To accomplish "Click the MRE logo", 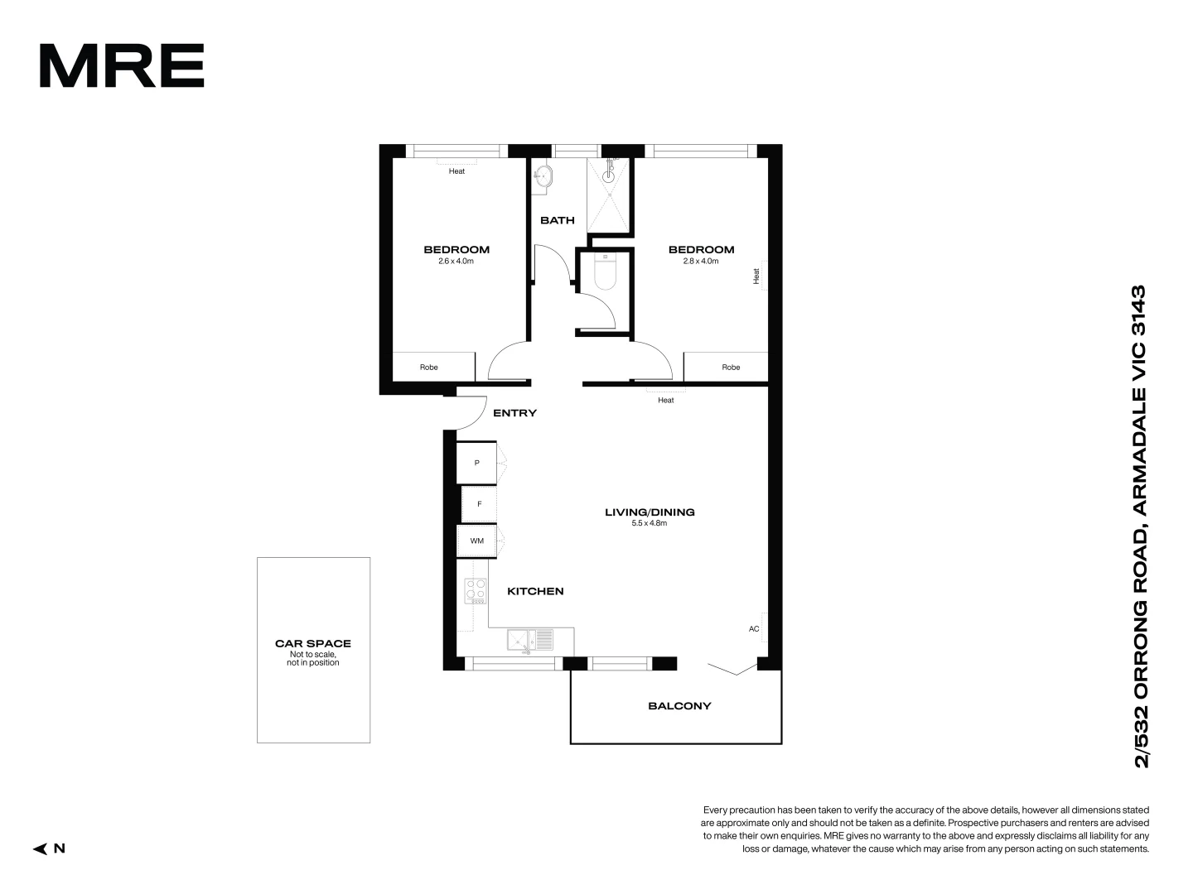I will point(122,66).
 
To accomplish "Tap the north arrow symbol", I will point(40,848).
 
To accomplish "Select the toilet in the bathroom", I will point(605,273).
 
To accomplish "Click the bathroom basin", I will point(543,175).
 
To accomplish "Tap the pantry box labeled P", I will point(476,463).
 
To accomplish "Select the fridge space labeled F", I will point(479,504).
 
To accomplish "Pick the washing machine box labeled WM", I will point(477,541).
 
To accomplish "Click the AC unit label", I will point(754,629).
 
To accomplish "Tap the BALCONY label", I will point(679,706).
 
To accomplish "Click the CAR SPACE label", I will point(313,643).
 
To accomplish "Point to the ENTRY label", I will point(514,413).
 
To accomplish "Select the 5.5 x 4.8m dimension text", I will point(650,523).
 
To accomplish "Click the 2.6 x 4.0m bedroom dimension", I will point(456,261).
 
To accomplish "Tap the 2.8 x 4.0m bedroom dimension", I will point(701,261).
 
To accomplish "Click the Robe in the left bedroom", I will point(428,367).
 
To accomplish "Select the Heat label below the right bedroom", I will point(666,401).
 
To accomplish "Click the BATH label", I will point(558,220).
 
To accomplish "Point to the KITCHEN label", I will point(535,591).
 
